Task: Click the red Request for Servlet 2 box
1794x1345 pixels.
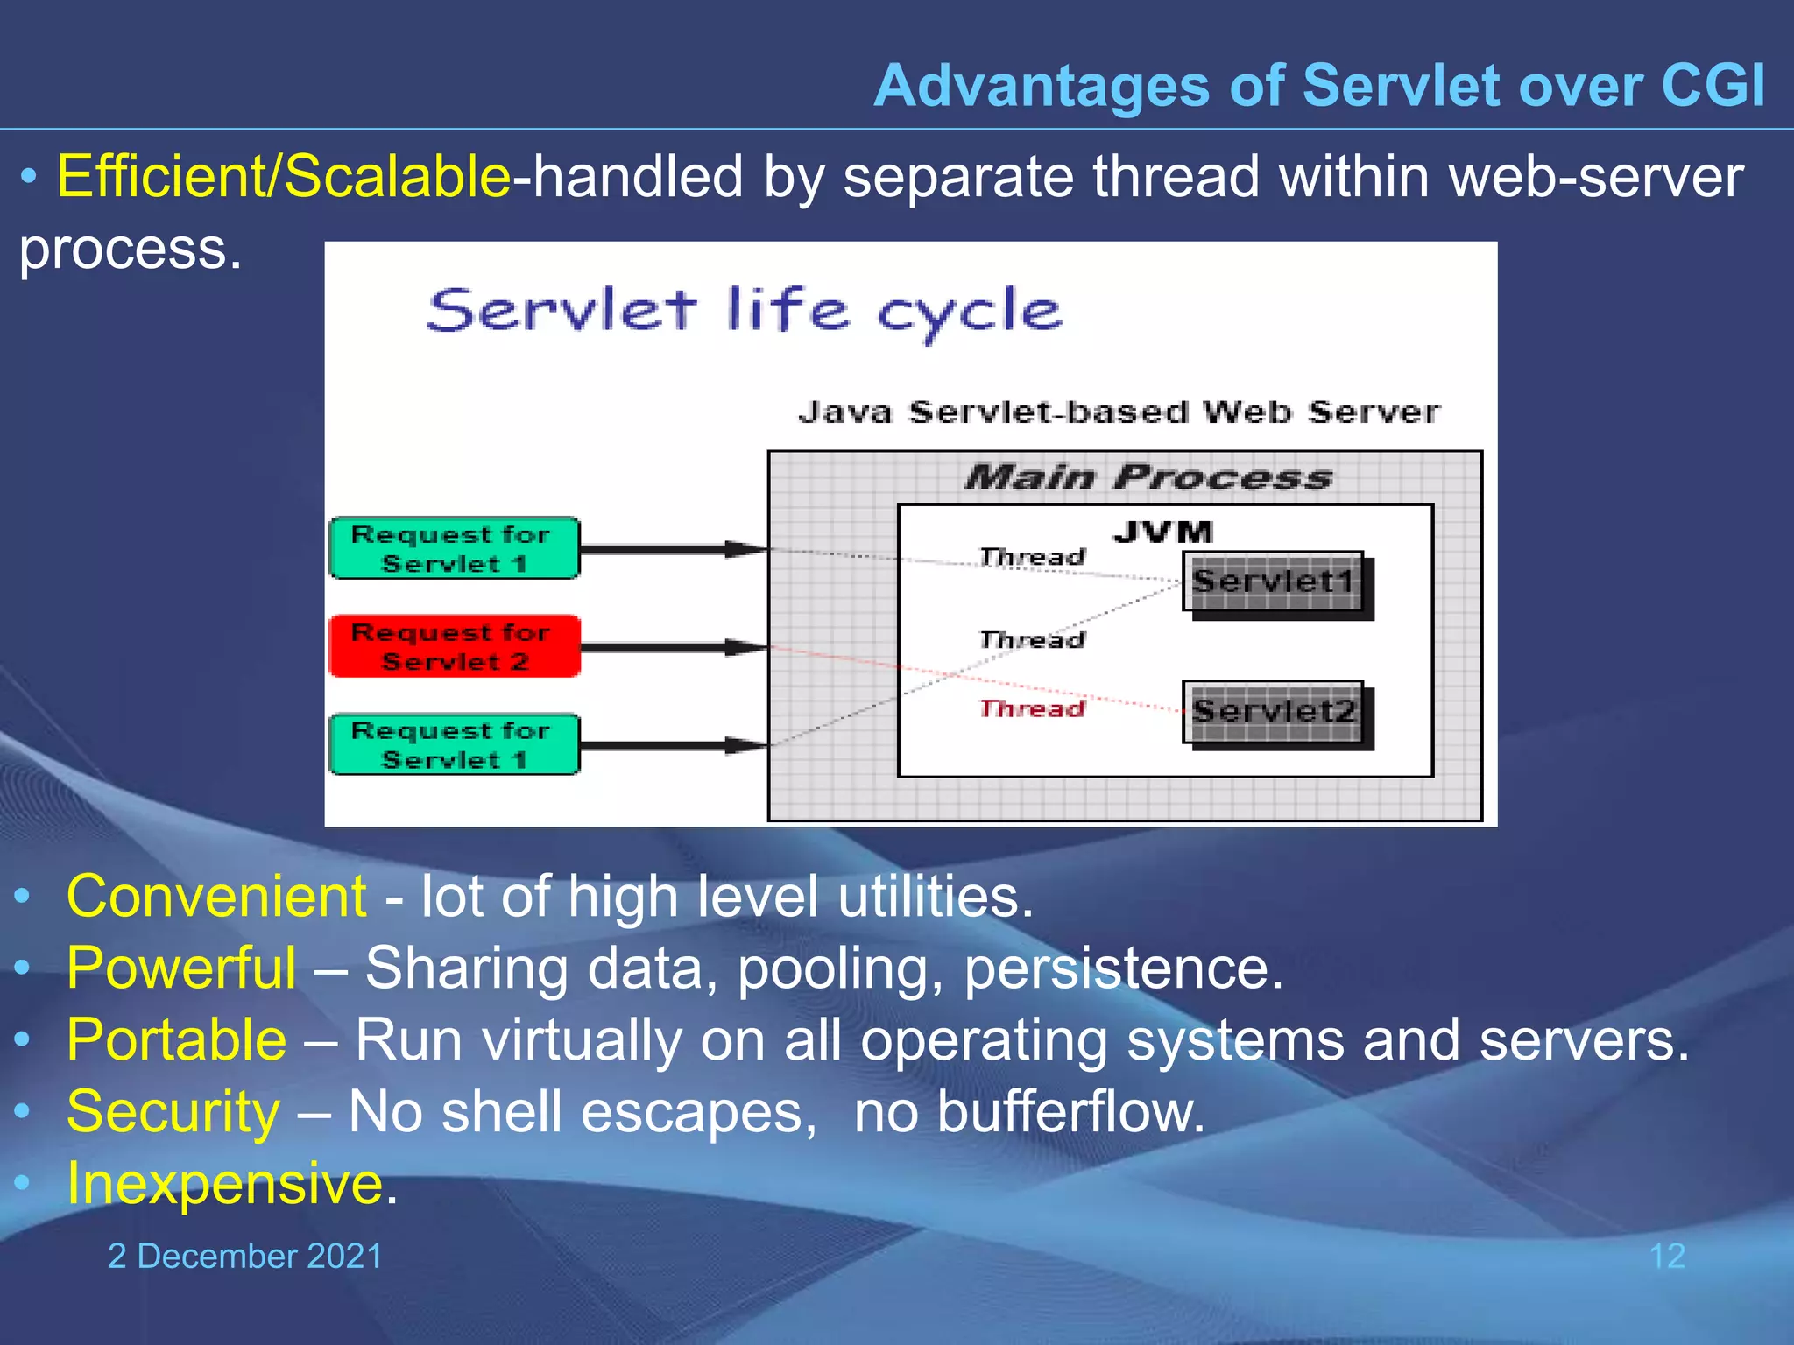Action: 454,646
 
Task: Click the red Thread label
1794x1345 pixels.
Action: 1031,708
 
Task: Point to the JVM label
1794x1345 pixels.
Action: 1162,532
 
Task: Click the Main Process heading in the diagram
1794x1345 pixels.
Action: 1148,477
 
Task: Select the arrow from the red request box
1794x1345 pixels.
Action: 673,647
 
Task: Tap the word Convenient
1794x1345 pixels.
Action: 216,897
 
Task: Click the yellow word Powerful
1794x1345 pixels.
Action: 181,968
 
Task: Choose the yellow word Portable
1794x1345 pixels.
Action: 176,1040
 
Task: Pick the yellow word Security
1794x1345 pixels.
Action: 173,1112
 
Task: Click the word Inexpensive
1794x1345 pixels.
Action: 225,1184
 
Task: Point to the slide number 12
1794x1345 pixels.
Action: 1666,1256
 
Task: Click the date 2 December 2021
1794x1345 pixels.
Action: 244,1256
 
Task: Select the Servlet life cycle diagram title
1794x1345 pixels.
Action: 745,311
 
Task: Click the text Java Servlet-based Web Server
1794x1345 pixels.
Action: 1118,412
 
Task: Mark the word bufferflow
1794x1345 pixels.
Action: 1070,1112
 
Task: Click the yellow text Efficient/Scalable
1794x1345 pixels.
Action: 283,176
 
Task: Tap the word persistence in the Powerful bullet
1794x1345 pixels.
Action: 1122,968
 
